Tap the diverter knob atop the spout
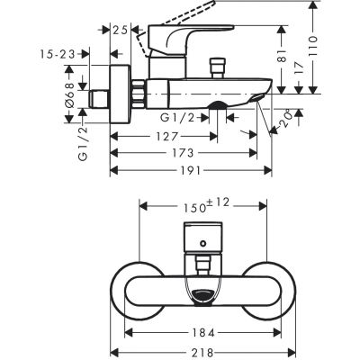[x=217, y=67]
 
